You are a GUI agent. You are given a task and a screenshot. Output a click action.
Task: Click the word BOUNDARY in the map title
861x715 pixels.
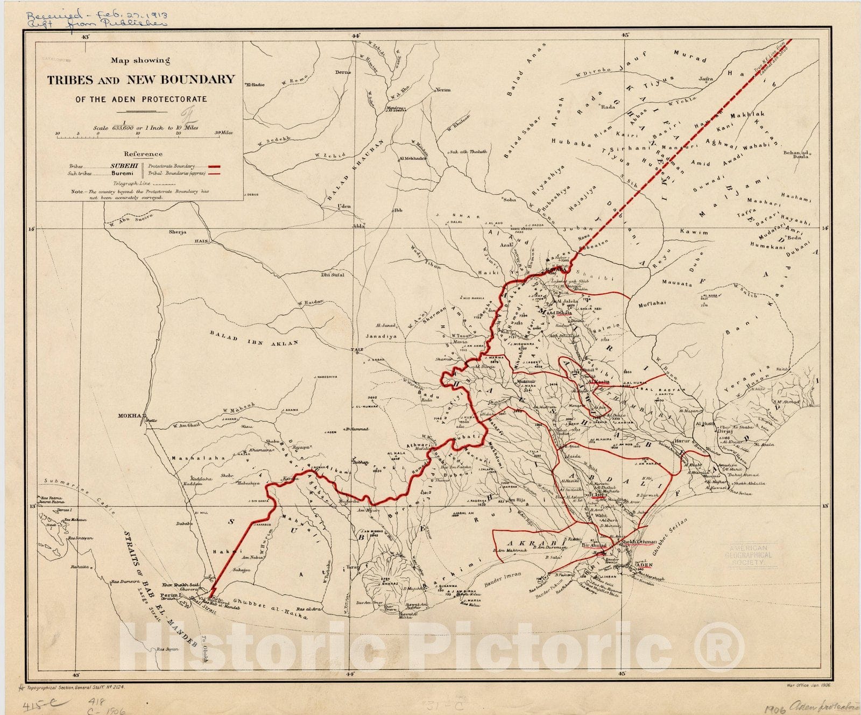click(180, 80)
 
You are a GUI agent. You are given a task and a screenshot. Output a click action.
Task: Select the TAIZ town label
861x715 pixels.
click(356, 350)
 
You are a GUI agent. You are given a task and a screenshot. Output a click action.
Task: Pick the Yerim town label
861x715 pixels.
click(443, 90)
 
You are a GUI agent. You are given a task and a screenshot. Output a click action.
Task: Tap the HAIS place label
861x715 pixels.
click(201, 242)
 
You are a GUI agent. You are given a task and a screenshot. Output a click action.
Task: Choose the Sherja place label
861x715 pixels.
click(178, 232)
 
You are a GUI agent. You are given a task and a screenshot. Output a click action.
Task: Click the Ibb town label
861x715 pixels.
click(398, 210)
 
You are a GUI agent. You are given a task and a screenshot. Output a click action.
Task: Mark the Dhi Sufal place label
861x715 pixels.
click(333, 274)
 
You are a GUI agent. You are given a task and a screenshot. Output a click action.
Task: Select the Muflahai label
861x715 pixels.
click(652, 303)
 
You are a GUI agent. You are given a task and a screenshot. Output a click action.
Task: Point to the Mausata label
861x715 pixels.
click(676, 283)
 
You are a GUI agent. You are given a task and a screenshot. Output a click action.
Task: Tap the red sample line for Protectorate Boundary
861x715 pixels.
click(215, 167)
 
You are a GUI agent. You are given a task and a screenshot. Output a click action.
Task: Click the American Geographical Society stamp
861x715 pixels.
click(748, 555)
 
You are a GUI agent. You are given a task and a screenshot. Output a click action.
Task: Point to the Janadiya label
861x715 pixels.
click(381, 336)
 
